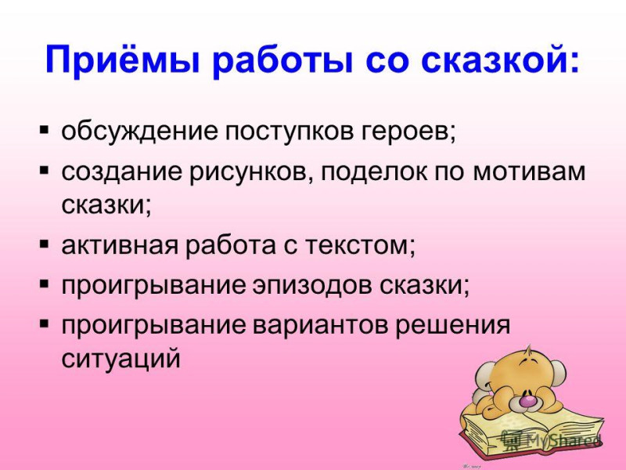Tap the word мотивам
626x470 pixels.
coord(530,172)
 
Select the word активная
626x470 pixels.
coord(120,245)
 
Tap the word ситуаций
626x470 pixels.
coord(121,360)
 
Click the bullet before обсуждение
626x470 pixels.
coord(44,130)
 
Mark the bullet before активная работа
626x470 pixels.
coord(44,244)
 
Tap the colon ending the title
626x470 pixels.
coord(574,61)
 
